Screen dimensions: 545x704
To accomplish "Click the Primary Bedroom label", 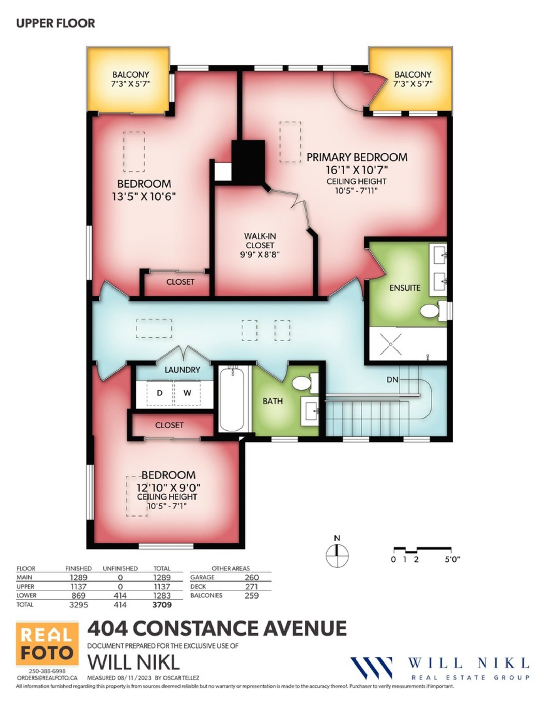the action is (357, 157).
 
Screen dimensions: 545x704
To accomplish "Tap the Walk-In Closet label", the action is (260, 241).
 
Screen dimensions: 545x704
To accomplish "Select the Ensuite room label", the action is (405, 288).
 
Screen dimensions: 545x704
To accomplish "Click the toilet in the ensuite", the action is (433, 310).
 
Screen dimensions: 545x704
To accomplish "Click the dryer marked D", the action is (160, 393).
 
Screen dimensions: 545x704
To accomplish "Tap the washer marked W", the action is (187, 393).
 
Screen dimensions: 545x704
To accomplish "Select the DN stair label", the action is (392, 379).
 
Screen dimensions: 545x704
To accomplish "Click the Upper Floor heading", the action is (56, 23).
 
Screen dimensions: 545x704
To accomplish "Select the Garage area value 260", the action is (251, 587).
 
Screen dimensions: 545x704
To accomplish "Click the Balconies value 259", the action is (251, 605).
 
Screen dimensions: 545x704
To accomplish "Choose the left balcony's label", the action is (131, 79).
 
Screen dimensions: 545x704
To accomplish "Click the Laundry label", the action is (182, 370).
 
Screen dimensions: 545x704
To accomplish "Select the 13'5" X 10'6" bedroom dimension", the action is (144, 197).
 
